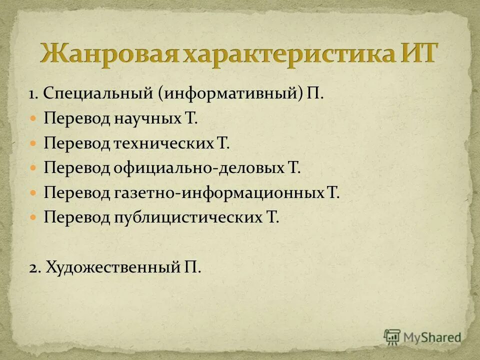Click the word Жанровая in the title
109,52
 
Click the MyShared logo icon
392,337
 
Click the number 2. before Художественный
34,267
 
